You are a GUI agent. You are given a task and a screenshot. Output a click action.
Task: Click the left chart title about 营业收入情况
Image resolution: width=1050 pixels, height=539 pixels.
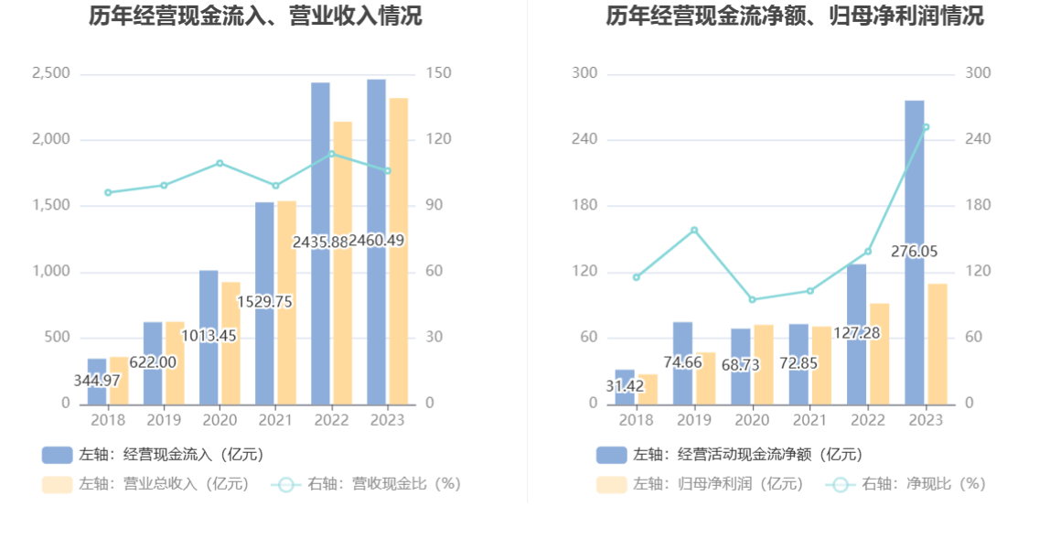click(x=256, y=16)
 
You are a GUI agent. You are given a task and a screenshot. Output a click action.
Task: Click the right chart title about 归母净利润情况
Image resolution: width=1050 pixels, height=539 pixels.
click(x=795, y=16)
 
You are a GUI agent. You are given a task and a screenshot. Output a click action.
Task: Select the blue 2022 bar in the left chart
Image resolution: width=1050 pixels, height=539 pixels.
click(x=320, y=244)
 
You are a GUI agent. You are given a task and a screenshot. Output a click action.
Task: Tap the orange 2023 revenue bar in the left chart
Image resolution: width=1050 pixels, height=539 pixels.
click(x=399, y=252)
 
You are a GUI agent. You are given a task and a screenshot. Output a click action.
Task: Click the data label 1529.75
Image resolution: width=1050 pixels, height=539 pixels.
click(x=264, y=302)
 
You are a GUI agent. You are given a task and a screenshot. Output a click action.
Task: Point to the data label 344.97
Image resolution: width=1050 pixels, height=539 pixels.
click(x=97, y=381)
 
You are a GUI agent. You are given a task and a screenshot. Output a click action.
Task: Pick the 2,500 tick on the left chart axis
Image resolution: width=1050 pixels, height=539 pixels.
click(x=51, y=73)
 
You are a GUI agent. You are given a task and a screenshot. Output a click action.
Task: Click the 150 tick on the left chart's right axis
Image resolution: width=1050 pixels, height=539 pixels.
click(x=439, y=73)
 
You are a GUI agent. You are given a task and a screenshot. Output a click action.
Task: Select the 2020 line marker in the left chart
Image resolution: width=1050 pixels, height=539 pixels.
click(x=220, y=163)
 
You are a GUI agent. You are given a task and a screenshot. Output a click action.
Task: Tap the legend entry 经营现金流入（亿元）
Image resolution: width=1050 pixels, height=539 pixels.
click(x=154, y=455)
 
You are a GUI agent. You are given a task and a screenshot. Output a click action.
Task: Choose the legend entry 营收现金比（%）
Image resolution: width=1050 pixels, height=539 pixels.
click(x=366, y=483)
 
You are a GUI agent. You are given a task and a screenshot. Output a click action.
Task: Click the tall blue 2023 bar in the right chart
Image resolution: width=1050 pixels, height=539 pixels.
click(x=914, y=253)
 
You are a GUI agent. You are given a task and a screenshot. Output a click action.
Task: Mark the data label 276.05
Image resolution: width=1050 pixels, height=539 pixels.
click(x=914, y=252)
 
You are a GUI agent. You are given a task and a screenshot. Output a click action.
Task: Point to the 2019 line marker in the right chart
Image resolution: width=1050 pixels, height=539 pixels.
click(x=694, y=230)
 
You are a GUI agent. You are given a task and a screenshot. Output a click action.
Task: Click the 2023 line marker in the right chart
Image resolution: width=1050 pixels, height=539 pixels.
click(x=927, y=126)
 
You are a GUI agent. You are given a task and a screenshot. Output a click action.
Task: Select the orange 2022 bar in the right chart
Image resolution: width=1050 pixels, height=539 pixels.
click(x=880, y=354)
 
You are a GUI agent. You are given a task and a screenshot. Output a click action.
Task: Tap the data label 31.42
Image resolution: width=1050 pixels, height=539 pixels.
click(x=625, y=386)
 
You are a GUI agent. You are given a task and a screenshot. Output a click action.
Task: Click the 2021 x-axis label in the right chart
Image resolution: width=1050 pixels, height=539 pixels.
click(x=809, y=420)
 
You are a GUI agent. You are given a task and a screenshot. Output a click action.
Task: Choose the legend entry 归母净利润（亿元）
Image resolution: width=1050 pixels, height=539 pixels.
click(x=701, y=483)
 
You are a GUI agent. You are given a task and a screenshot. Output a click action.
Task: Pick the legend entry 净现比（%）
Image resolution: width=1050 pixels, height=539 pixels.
click(x=906, y=483)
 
